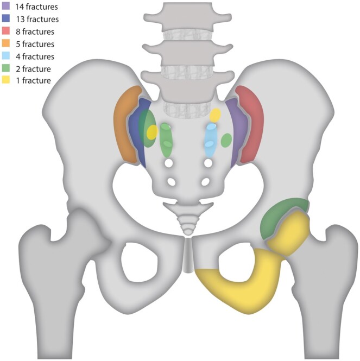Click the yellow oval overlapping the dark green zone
pyautogui.click(x=153, y=132)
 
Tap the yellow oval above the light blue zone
pyautogui.click(x=216, y=115)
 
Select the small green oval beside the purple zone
pyautogui.click(x=226, y=141)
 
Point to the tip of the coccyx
pyautogui.click(x=187, y=232)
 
